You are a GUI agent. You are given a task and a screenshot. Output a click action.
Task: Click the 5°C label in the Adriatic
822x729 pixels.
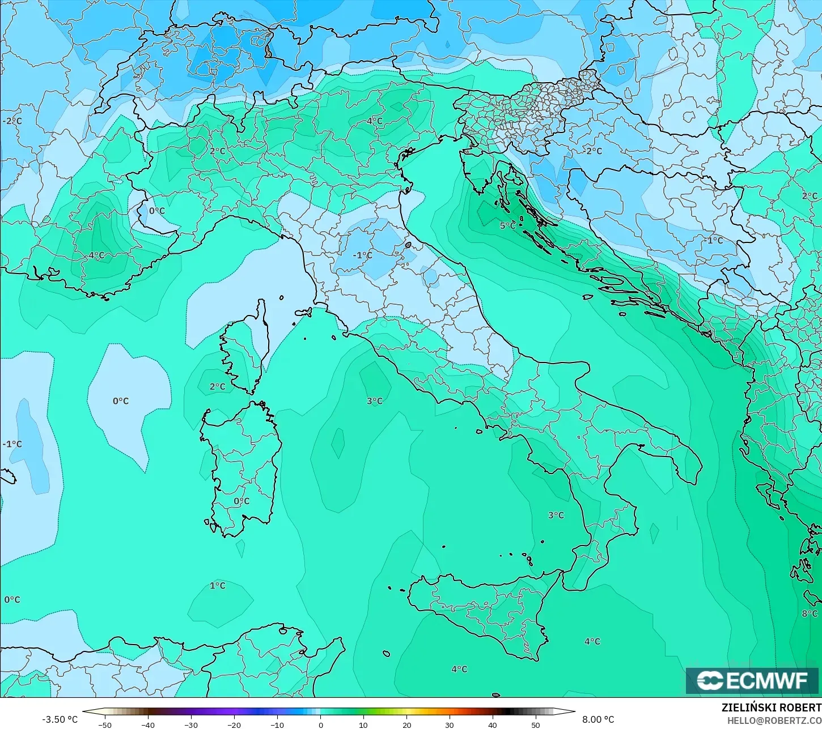click(507, 225)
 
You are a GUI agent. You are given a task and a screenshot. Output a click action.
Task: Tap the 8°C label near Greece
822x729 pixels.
click(809, 613)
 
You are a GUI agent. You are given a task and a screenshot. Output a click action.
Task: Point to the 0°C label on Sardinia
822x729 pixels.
click(241, 501)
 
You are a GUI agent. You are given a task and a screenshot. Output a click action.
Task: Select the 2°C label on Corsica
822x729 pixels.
click(217, 387)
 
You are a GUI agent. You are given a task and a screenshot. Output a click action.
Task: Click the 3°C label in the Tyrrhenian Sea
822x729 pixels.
click(374, 401)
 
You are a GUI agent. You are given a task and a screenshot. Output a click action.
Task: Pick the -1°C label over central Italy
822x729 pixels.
click(362, 255)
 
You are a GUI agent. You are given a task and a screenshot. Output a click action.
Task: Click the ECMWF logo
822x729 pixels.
click(752, 680)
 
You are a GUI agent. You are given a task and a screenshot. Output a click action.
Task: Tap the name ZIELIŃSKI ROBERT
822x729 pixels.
click(771, 707)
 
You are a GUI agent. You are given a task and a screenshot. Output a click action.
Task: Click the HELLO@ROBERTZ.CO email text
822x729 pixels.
click(774, 720)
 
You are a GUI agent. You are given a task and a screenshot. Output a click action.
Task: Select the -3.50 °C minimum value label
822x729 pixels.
click(60, 719)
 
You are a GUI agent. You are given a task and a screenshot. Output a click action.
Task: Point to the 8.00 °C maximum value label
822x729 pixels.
click(598, 719)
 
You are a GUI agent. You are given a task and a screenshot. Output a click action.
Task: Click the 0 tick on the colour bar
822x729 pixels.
click(320, 724)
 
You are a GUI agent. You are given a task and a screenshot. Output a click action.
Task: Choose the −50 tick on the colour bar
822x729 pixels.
click(105, 724)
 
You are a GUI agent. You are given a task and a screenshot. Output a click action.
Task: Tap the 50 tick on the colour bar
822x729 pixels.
click(536, 724)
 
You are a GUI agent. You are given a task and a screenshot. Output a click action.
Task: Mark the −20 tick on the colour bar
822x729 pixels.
click(234, 724)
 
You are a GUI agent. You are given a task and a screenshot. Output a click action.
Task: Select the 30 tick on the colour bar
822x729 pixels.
click(450, 724)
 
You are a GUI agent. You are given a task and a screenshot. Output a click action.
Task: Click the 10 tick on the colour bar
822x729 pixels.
click(363, 724)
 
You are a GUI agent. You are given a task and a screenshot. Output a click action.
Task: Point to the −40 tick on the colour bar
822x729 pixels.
click(147, 724)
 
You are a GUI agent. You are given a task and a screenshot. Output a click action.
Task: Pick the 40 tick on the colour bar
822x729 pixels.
click(493, 724)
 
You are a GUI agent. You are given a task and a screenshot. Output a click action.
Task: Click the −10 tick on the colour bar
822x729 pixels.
click(277, 724)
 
